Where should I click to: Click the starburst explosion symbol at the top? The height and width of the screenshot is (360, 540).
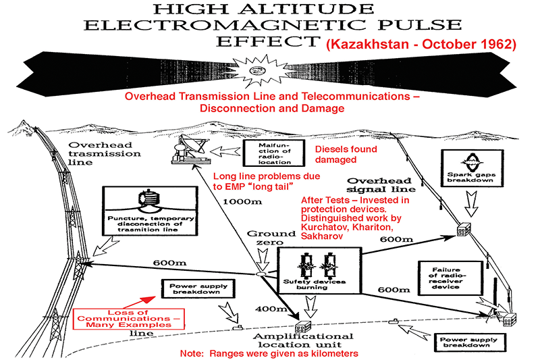tap(257, 71)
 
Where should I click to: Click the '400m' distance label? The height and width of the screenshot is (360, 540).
tap(271, 309)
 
